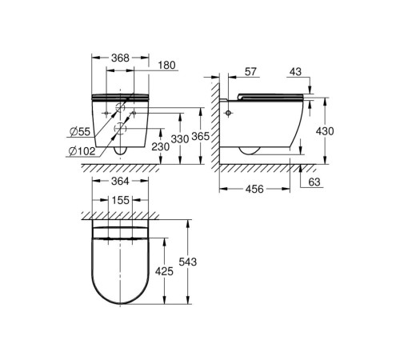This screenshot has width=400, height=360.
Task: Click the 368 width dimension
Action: [120, 58]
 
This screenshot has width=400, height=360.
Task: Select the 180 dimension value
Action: [166, 66]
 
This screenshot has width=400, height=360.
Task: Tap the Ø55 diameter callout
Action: [80, 131]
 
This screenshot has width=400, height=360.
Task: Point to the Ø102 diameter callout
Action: [82, 151]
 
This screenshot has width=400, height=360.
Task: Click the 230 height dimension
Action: [161, 146]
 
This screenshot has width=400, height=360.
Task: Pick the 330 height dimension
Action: [180, 139]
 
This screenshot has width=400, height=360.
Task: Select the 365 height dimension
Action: [201, 137]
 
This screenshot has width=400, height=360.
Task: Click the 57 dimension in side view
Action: [250, 72]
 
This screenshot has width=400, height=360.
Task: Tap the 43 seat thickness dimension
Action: [295, 72]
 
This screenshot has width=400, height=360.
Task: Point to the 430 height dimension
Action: [325, 131]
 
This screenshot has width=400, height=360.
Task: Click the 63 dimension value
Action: [314, 182]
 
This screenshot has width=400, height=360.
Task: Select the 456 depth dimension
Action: [254, 189]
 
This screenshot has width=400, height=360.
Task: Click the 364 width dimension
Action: [120, 182]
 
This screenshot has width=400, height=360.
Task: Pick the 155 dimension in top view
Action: [121, 200]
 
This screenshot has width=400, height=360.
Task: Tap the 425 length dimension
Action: [164, 271]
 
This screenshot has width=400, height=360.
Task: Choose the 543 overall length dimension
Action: [188, 262]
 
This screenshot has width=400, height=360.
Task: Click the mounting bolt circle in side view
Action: [228, 113]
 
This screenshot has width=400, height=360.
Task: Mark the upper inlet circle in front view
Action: [120, 107]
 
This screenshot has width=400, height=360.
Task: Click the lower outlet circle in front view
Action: [120, 129]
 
